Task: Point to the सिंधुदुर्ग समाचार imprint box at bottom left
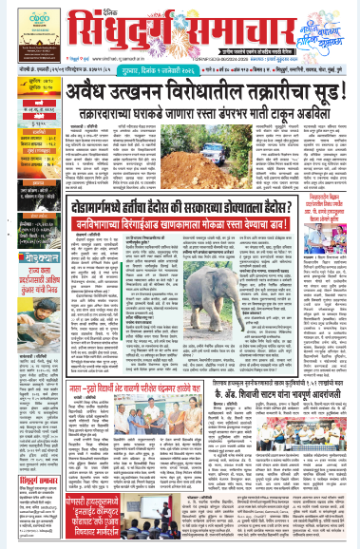24,475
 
